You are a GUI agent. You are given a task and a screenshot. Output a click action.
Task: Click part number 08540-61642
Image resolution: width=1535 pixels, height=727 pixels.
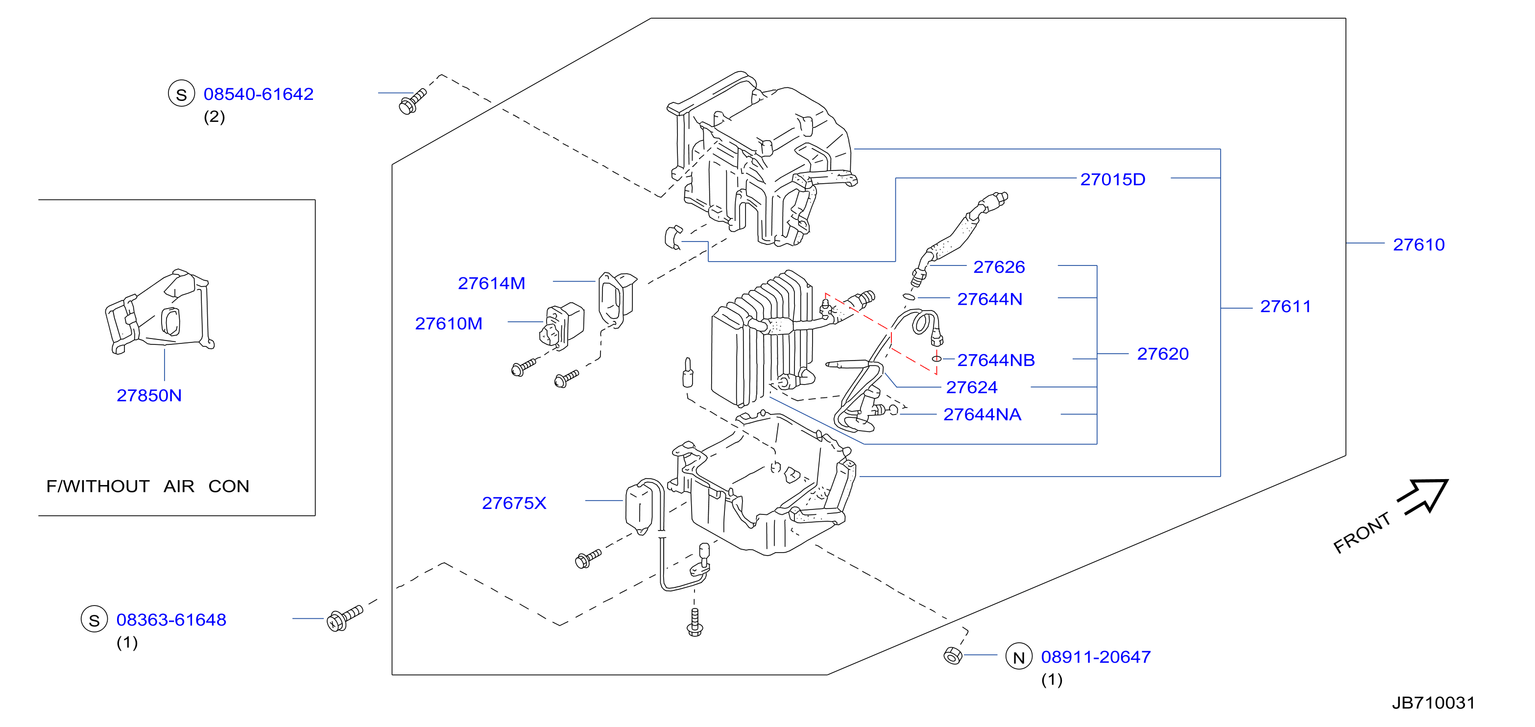tap(258, 94)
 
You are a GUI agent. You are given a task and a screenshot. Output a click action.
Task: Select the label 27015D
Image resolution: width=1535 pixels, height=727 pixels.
tap(1112, 179)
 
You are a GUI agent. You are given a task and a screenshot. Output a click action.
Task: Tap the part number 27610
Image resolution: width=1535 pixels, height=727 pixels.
tap(1418, 244)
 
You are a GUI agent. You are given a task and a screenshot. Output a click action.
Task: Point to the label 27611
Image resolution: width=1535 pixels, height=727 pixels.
tap(1285, 306)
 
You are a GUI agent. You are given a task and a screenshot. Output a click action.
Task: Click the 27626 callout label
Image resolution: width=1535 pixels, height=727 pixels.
tap(999, 267)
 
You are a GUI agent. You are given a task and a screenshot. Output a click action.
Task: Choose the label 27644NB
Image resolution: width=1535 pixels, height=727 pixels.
tap(996, 360)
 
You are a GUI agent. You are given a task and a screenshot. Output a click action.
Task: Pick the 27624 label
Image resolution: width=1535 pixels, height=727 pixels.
tap(971, 388)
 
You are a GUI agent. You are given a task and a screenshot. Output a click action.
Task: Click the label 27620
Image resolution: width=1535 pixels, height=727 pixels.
tap(1163, 354)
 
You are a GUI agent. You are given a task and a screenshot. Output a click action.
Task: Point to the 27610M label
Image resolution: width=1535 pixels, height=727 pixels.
tap(448, 324)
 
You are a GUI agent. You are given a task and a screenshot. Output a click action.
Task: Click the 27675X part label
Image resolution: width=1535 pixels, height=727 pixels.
tap(514, 503)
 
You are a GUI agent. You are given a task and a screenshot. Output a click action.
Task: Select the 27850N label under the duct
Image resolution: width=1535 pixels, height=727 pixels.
tap(149, 396)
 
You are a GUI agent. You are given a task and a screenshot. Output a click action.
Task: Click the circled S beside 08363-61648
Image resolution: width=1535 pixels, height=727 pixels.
tap(94, 619)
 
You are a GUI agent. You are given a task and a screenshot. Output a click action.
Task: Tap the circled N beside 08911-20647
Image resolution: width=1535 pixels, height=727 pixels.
tap(1019, 656)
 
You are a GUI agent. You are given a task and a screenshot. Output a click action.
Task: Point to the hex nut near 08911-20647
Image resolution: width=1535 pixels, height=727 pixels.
tap(953, 655)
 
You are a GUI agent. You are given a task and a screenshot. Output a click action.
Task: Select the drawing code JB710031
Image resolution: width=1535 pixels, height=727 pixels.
tap(1433, 703)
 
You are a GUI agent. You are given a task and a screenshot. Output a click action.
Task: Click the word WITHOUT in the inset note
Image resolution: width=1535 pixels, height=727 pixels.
tap(106, 486)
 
